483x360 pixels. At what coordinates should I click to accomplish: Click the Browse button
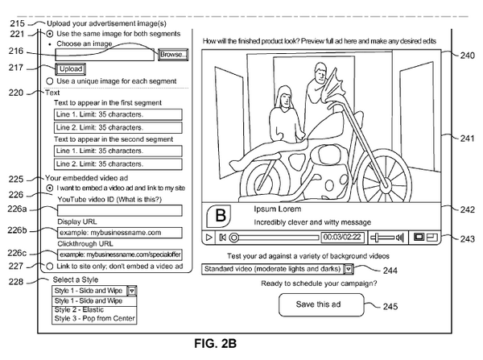click(173, 55)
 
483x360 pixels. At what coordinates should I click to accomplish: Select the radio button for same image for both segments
click(49, 34)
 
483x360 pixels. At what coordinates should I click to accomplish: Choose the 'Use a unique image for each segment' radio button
click(50, 81)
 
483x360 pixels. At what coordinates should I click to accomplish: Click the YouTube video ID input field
click(119, 210)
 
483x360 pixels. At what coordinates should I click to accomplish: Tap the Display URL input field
click(119, 233)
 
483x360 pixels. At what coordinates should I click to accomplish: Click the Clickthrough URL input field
click(119, 254)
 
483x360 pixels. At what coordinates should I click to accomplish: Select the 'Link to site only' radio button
click(49, 267)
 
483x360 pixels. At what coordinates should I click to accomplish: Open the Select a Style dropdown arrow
click(132, 291)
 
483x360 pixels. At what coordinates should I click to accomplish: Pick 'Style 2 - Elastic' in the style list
click(79, 310)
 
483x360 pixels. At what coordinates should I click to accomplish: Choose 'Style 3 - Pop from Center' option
click(94, 318)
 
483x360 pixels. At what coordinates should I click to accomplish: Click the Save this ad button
click(321, 304)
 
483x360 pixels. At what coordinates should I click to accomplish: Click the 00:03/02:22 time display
click(342, 237)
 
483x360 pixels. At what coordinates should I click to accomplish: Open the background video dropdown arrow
click(348, 269)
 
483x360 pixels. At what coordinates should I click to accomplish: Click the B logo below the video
click(219, 216)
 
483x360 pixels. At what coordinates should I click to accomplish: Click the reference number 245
click(390, 306)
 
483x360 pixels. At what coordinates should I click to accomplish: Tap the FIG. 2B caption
click(215, 343)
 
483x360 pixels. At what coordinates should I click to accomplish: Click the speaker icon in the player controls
click(399, 237)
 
